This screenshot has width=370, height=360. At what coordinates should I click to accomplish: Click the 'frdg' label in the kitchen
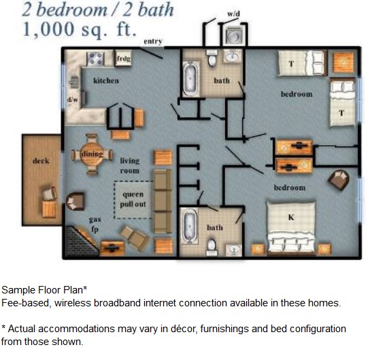tap(123, 59)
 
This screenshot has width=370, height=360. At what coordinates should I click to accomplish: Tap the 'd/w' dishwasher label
tap(72, 99)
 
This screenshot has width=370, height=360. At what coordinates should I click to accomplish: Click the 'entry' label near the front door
tap(153, 42)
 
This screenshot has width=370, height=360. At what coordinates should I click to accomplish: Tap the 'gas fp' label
tap(95, 225)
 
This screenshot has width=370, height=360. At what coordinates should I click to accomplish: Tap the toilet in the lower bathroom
tap(212, 245)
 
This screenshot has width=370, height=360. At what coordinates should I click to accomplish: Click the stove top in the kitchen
tap(95, 59)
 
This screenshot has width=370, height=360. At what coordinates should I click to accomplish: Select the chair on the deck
tap(49, 194)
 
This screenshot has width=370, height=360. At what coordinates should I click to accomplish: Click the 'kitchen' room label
tap(106, 81)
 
